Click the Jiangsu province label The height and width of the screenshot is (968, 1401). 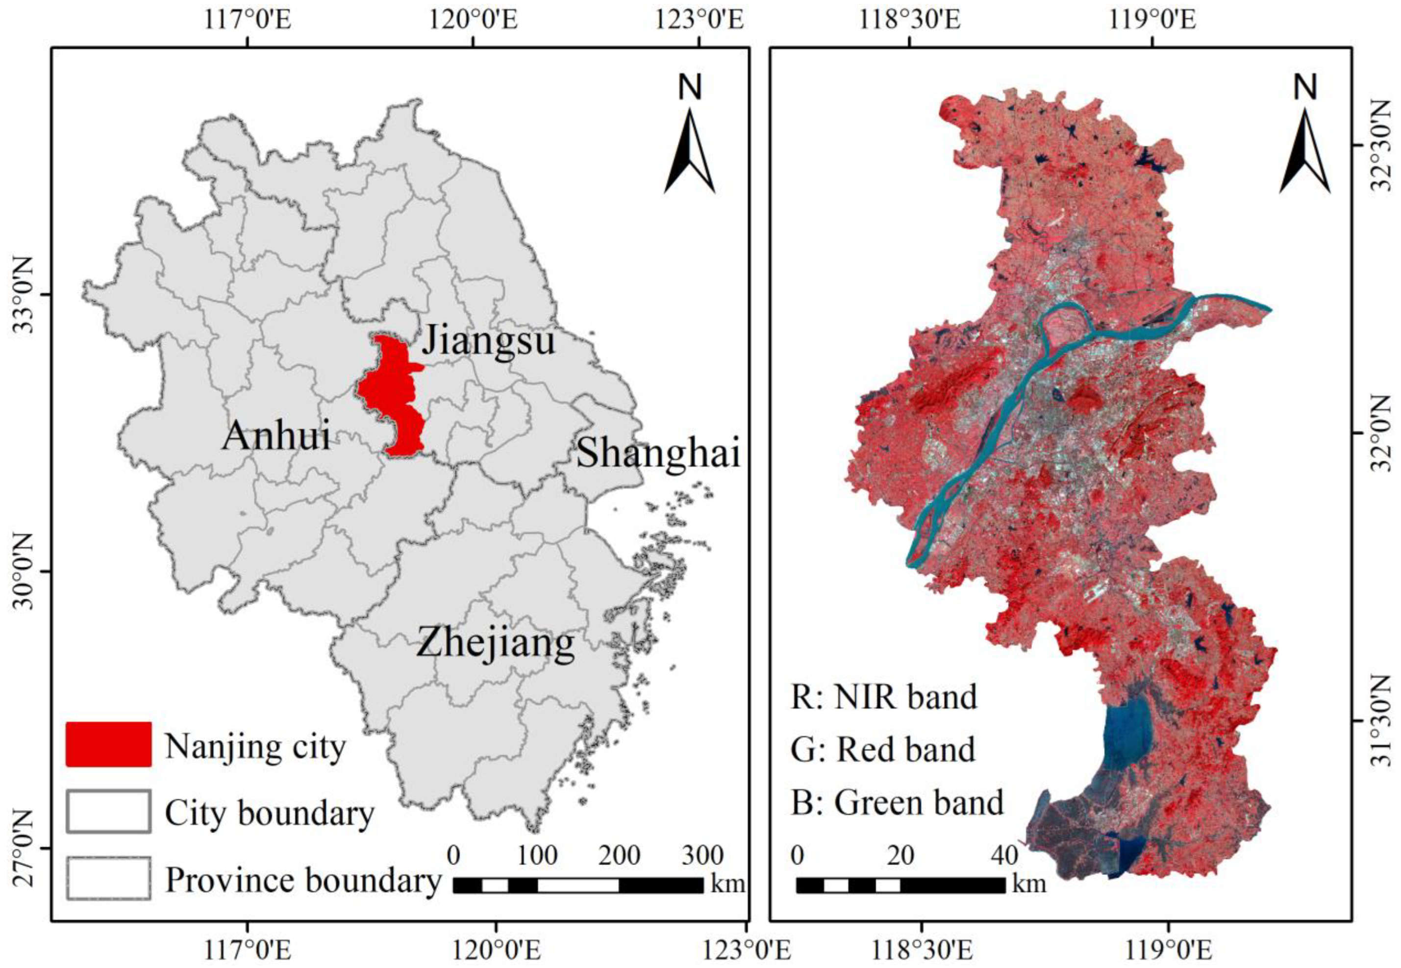tap(488, 341)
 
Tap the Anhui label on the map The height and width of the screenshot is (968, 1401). tap(276, 435)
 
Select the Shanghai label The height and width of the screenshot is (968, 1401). tap(658, 453)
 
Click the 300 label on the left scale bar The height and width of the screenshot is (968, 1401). tap(702, 856)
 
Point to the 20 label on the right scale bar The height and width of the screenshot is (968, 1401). tap(901, 856)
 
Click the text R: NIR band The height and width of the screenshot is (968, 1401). tap(884, 697)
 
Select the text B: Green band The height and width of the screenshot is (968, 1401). tap(897, 802)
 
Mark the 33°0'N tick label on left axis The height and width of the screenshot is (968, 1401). tap(28, 295)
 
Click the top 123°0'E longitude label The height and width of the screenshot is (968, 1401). tap(699, 20)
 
